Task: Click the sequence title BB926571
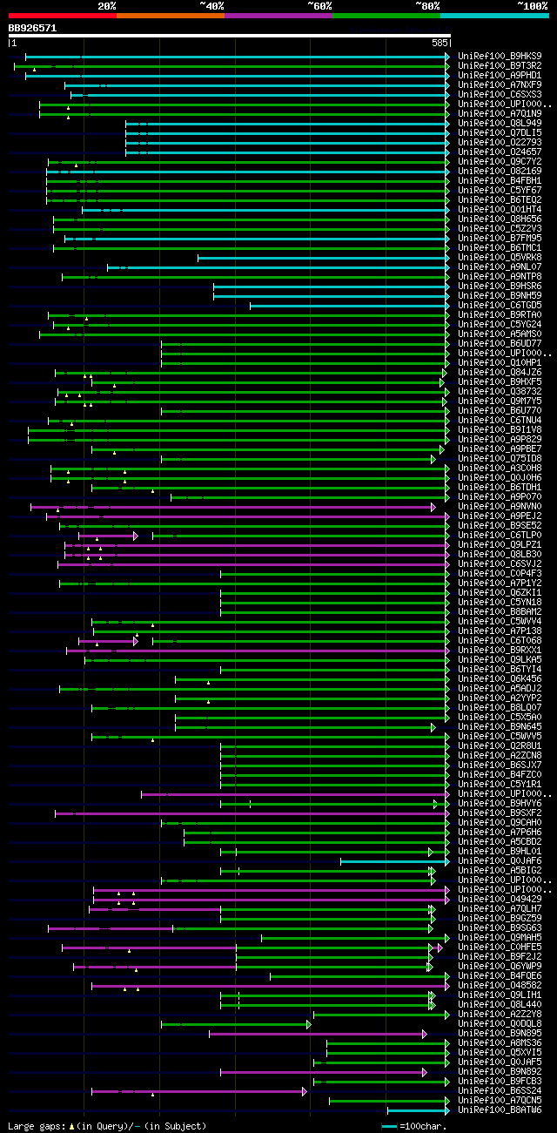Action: click(32, 28)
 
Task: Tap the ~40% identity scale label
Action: click(211, 5)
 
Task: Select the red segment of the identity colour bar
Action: click(62, 16)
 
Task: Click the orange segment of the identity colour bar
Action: click(170, 16)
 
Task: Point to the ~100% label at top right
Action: click(533, 5)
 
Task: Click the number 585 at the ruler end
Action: click(439, 42)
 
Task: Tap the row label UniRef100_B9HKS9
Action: click(500, 56)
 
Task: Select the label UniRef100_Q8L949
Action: click(500, 123)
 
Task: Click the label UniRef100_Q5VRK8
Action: click(500, 257)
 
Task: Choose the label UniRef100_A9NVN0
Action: click(500, 506)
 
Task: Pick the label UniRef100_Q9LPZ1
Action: click(500, 544)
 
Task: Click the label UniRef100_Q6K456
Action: click(500, 678)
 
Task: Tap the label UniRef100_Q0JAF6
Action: click(500, 860)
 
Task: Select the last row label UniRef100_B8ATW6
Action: click(500, 1109)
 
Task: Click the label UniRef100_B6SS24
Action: click(500, 1090)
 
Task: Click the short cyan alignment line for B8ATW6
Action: click(418, 1110)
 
